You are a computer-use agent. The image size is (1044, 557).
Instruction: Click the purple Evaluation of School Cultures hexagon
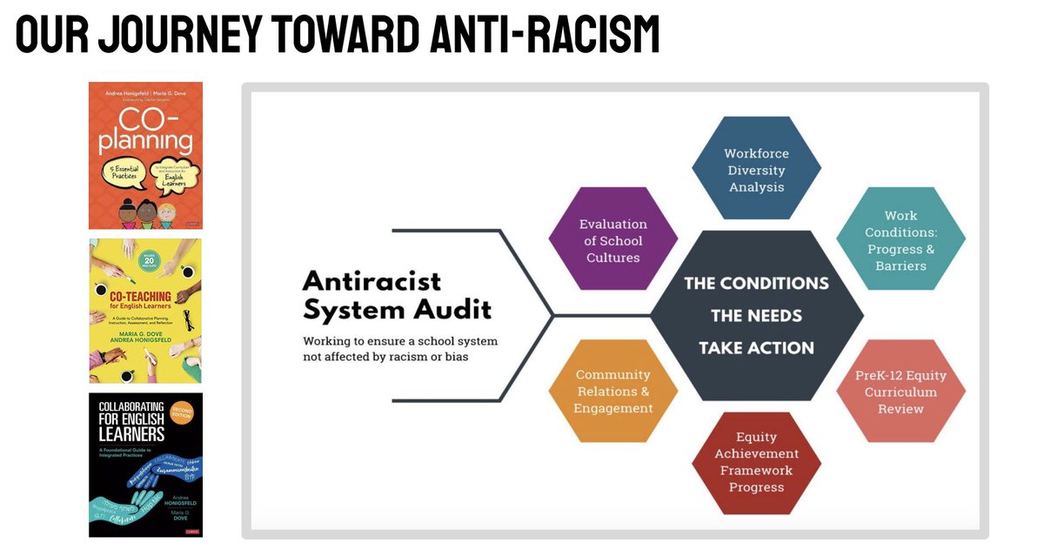[x=612, y=239]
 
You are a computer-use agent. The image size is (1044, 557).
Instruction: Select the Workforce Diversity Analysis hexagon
[x=756, y=170]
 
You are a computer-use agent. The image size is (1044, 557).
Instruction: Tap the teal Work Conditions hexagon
[x=900, y=239]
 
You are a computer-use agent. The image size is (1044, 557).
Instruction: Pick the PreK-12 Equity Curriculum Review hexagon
[x=900, y=392]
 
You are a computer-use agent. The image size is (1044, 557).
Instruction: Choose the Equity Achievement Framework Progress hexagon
[x=756, y=462]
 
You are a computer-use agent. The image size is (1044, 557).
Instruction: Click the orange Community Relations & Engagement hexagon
[x=612, y=392]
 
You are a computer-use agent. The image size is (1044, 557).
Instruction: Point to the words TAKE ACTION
[x=756, y=348]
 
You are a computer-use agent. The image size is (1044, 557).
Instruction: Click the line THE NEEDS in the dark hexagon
[x=756, y=315]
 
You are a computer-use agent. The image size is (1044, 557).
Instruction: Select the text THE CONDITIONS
[x=756, y=283]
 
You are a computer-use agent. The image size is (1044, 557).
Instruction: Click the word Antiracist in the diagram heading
[x=371, y=280]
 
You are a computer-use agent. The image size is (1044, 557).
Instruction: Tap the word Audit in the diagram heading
[x=452, y=309]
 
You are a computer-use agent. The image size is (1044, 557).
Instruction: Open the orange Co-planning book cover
[x=145, y=155]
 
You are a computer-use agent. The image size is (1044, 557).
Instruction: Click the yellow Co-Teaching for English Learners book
[x=145, y=310]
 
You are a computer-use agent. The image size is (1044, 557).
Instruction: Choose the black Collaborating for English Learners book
[x=145, y=464]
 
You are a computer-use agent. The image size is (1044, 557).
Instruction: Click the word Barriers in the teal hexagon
[x=900, y=265]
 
